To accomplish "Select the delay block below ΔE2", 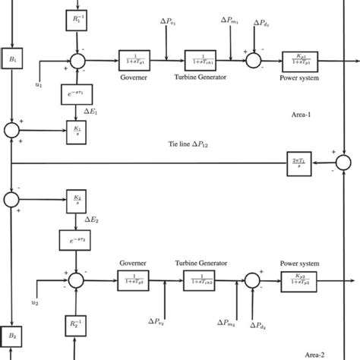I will click(77, 242).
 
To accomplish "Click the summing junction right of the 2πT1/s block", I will click(343, 163).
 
